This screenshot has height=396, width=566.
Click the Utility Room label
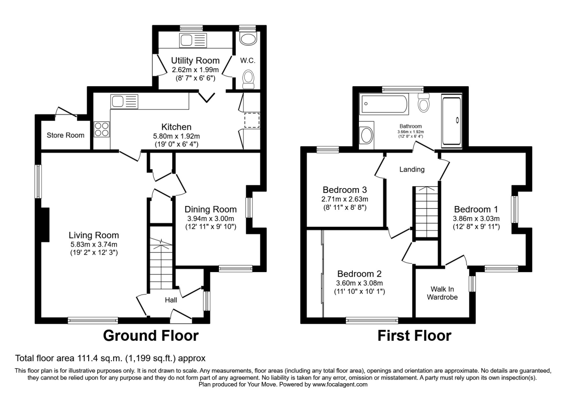[195, 60]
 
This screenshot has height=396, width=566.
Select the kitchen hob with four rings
[101, 129]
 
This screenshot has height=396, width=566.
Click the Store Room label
[66, 135]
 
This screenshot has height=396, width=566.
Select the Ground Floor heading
[150, 336]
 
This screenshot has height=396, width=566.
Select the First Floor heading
[414, 336]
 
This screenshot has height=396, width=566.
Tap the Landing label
[412, 169]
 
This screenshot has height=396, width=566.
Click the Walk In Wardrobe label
[442, 293]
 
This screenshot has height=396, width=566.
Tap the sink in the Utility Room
[192, 41]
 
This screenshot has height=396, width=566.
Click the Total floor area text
[110, 358]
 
